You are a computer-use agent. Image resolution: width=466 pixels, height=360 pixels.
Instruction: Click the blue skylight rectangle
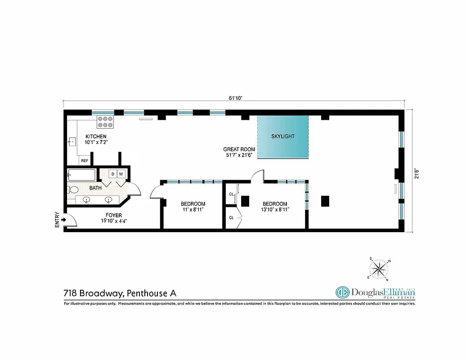283,137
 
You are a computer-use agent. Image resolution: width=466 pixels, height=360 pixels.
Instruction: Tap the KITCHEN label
96,136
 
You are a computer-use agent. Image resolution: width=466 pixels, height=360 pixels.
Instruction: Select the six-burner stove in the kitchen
105,121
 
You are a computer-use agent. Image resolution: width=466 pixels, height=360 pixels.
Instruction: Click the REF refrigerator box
84,160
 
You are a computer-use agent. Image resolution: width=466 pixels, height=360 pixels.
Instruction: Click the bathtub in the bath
81,175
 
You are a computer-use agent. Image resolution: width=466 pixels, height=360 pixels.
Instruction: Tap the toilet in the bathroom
72,189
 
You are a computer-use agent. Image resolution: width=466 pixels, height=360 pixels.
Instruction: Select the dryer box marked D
112,174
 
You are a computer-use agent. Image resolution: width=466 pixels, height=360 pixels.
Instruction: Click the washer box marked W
121,174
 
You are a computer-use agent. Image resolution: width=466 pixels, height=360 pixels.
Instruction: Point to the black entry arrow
64,220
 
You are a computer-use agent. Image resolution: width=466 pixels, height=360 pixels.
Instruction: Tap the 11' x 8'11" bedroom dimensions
193,209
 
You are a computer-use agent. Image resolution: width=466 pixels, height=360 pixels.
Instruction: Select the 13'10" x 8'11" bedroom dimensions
275,209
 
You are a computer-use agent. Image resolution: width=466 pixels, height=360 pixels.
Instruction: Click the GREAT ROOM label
239,149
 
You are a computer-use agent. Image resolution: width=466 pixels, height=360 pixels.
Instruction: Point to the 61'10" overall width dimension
235,98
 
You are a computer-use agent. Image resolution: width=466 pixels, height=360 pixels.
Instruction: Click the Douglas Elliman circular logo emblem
343,292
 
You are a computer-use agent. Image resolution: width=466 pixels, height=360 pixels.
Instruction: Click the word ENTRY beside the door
57,220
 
